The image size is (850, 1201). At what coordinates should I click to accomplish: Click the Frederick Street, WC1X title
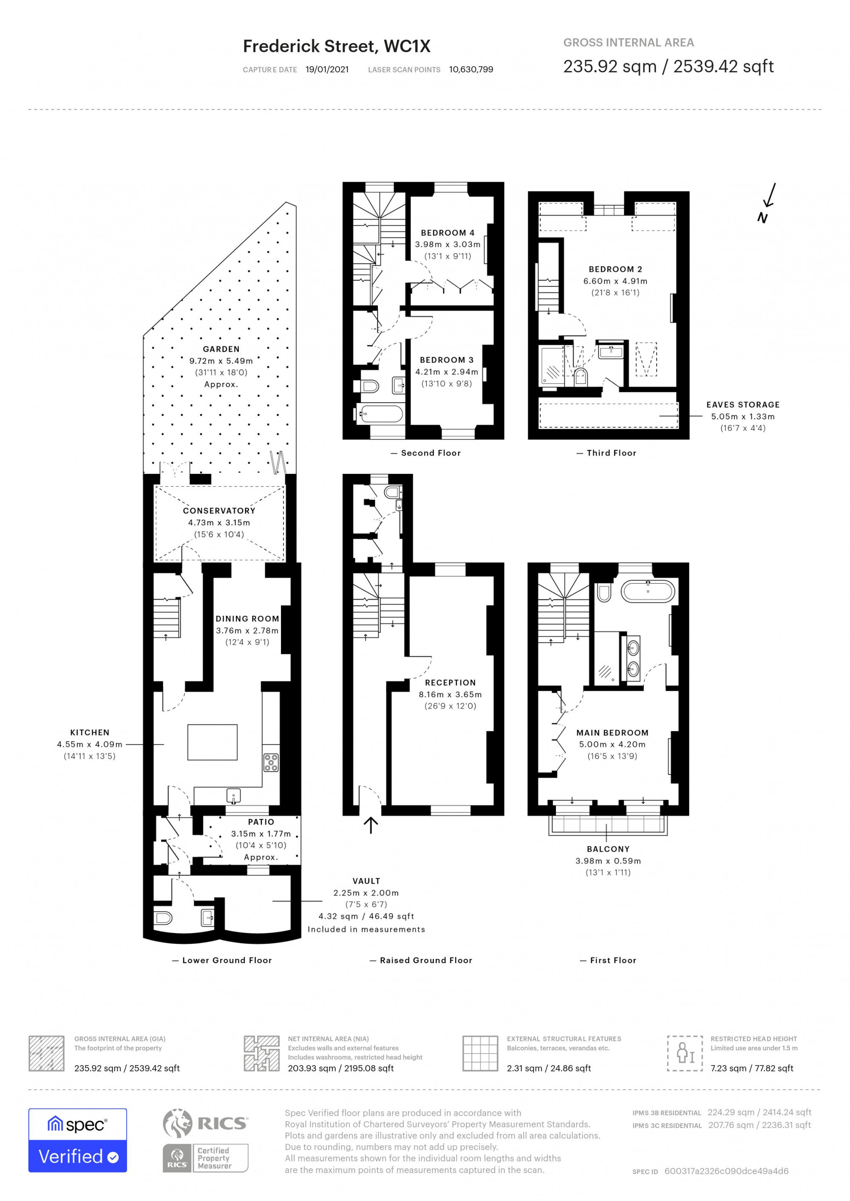[337, 47]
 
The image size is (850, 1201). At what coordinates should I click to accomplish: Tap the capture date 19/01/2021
[327, 70]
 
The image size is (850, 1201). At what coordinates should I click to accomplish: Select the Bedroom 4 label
[448, 233]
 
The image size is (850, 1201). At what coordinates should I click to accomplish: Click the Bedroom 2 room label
[615, 269]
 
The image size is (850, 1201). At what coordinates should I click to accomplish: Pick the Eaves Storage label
[743, 405]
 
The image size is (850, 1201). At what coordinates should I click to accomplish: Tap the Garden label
[221, 350]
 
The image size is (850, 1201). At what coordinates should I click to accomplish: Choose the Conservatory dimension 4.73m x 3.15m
[219, 522]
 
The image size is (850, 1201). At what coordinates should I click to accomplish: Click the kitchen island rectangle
[212, 742]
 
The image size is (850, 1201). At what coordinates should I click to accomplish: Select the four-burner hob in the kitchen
[271, 762]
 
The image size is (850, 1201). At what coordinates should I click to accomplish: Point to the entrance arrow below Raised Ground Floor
[371, 826]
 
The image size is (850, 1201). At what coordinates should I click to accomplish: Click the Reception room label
[450, 682]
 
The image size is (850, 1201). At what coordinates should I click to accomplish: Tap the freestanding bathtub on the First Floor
[648, 591]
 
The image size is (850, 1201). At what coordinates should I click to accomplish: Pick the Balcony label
[608, 849]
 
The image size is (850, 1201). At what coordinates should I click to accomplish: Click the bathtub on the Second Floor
[380, 414]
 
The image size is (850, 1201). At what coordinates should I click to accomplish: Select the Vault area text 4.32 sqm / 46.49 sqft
[366, 916]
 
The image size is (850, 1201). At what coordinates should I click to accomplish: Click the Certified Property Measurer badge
[205, 1158]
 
